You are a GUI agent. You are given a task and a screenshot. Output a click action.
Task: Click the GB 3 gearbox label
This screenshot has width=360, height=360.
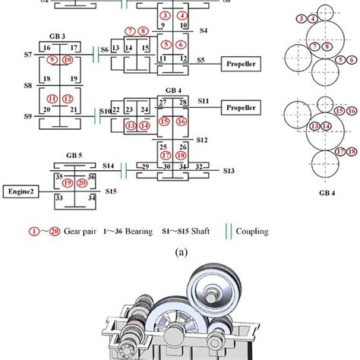(x=58, y=36)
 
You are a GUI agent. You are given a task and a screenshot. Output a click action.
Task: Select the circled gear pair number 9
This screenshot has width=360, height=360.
(x=52, y=59)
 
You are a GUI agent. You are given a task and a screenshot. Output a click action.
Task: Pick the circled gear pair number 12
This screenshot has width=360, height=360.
(x=68, y=98)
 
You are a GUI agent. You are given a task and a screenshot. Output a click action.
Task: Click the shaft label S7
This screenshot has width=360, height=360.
(x=27, y=55)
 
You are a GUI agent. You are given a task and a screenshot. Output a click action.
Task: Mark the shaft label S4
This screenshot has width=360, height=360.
(x=203, y=31)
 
